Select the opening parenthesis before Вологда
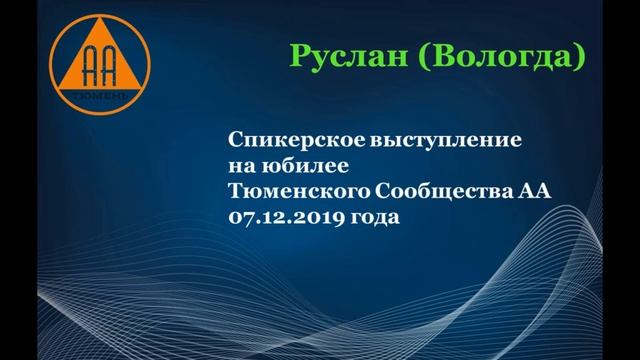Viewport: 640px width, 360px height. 420,56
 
